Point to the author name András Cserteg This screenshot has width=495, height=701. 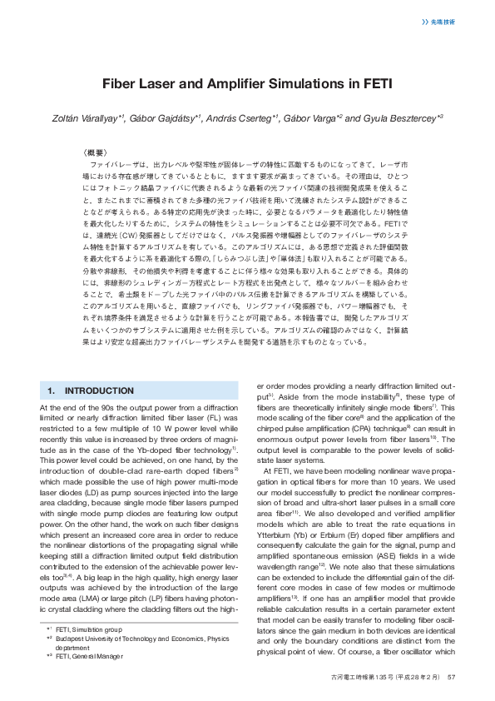pyautogui.click(x=242, y=118)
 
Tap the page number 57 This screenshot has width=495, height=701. pyautogui.click(x=452, y=678)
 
